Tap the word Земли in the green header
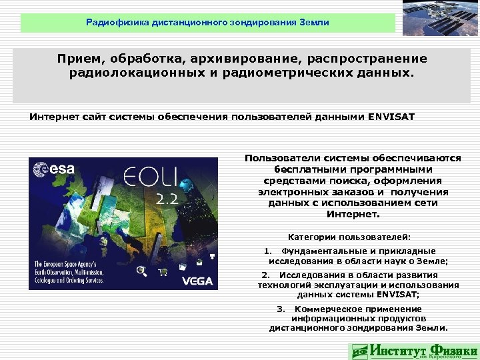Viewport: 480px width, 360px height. coord(313,23)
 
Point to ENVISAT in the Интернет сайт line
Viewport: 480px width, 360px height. coord(391,117)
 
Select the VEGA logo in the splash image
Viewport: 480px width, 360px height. coord(197,280)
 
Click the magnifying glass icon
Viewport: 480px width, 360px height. coord(141,270)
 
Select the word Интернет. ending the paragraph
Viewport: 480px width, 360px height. coord(353,215)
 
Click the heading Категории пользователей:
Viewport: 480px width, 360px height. coord(349,236)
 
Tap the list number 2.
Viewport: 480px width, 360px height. coord(265,275)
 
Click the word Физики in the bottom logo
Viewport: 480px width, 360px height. coord(454,350)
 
